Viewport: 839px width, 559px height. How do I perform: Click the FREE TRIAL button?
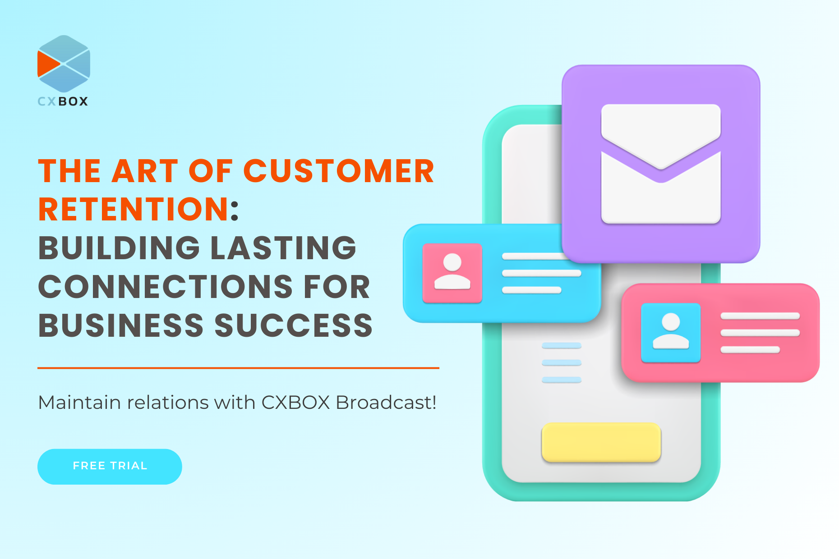tap(110, 467)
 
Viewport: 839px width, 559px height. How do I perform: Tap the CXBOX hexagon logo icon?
tap(64, 64)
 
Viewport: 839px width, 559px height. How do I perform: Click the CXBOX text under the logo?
tap(63, 101)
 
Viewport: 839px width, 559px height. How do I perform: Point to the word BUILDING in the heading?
tap(119, 248)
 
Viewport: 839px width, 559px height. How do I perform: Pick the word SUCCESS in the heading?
tap(294, 325)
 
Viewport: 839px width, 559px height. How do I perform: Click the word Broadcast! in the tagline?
tap(386, 402)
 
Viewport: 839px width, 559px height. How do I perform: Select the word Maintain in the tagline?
tap(79, 402)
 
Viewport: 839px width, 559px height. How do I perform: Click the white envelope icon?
tap(661, 164)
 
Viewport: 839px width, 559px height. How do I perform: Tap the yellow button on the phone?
tap(601, 442)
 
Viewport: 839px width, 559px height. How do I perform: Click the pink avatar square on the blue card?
tap(452, 273)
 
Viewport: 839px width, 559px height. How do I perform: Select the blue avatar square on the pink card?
tap(671, 333)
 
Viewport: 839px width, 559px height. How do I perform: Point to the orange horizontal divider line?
tap(238, 368)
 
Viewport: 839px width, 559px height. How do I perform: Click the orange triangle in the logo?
tap(48, 64)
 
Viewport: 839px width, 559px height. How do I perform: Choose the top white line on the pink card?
tap(760, 316)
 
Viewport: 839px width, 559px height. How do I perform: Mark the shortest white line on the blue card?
tap(532, 290)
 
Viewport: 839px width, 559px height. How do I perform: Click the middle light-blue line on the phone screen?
tap(562, 363)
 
